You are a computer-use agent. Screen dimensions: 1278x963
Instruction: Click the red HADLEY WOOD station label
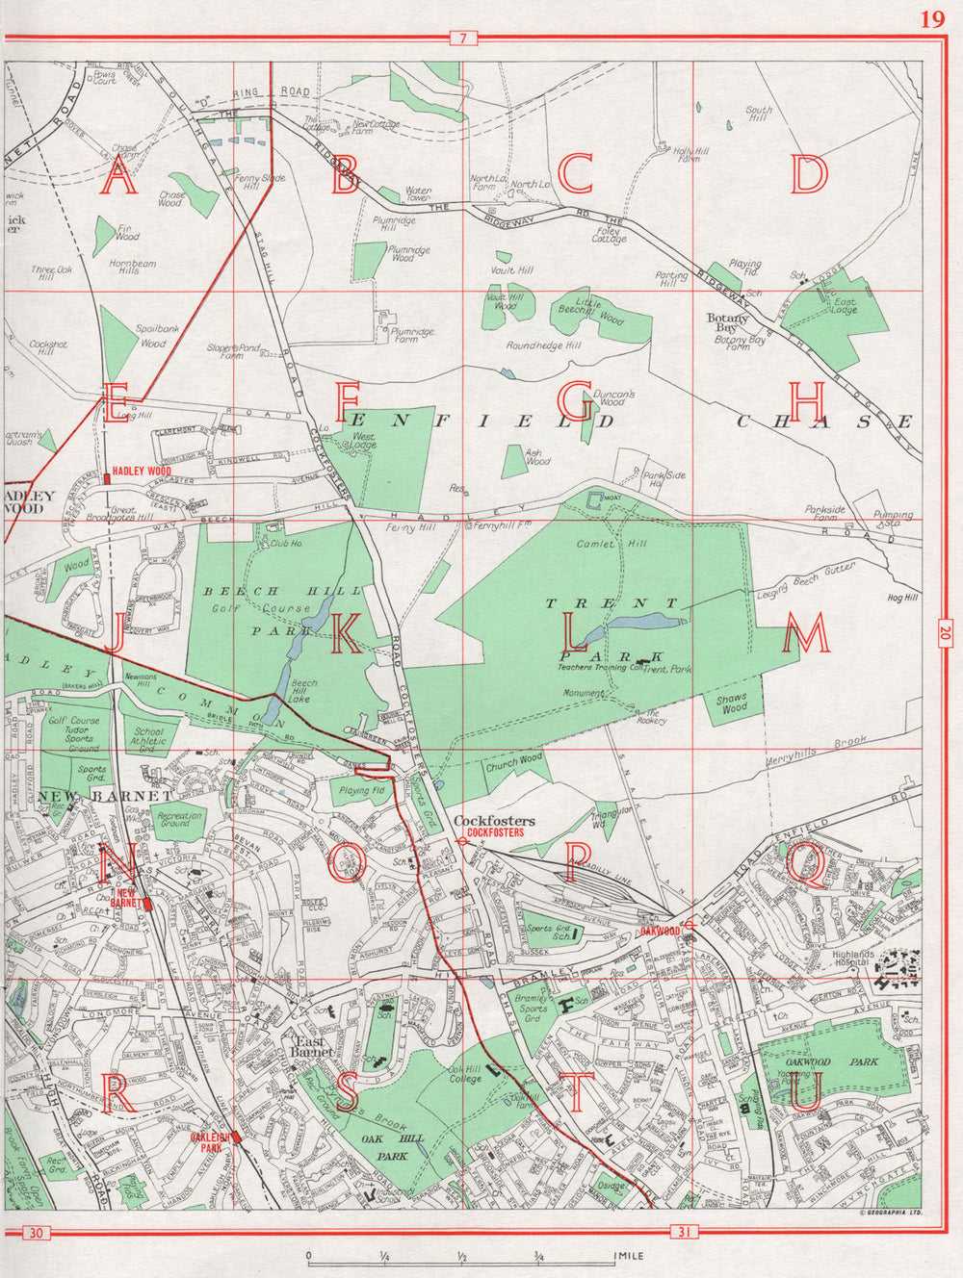click(141, 472)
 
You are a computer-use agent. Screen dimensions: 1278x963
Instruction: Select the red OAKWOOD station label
click(660, 932)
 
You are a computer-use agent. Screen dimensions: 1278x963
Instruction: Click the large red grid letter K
click(347, 632)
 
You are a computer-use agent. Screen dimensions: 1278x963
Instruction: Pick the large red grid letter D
click(809, 174)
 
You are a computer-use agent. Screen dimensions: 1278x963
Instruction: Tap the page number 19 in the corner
click(931, 19)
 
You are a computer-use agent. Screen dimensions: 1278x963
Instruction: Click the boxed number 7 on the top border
click(463, 38)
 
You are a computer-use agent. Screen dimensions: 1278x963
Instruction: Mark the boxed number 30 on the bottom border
click(36, 1234)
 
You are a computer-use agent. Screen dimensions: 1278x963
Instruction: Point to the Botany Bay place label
click(727, 322)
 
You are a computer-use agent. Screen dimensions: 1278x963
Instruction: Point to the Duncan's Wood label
click(612, 397)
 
